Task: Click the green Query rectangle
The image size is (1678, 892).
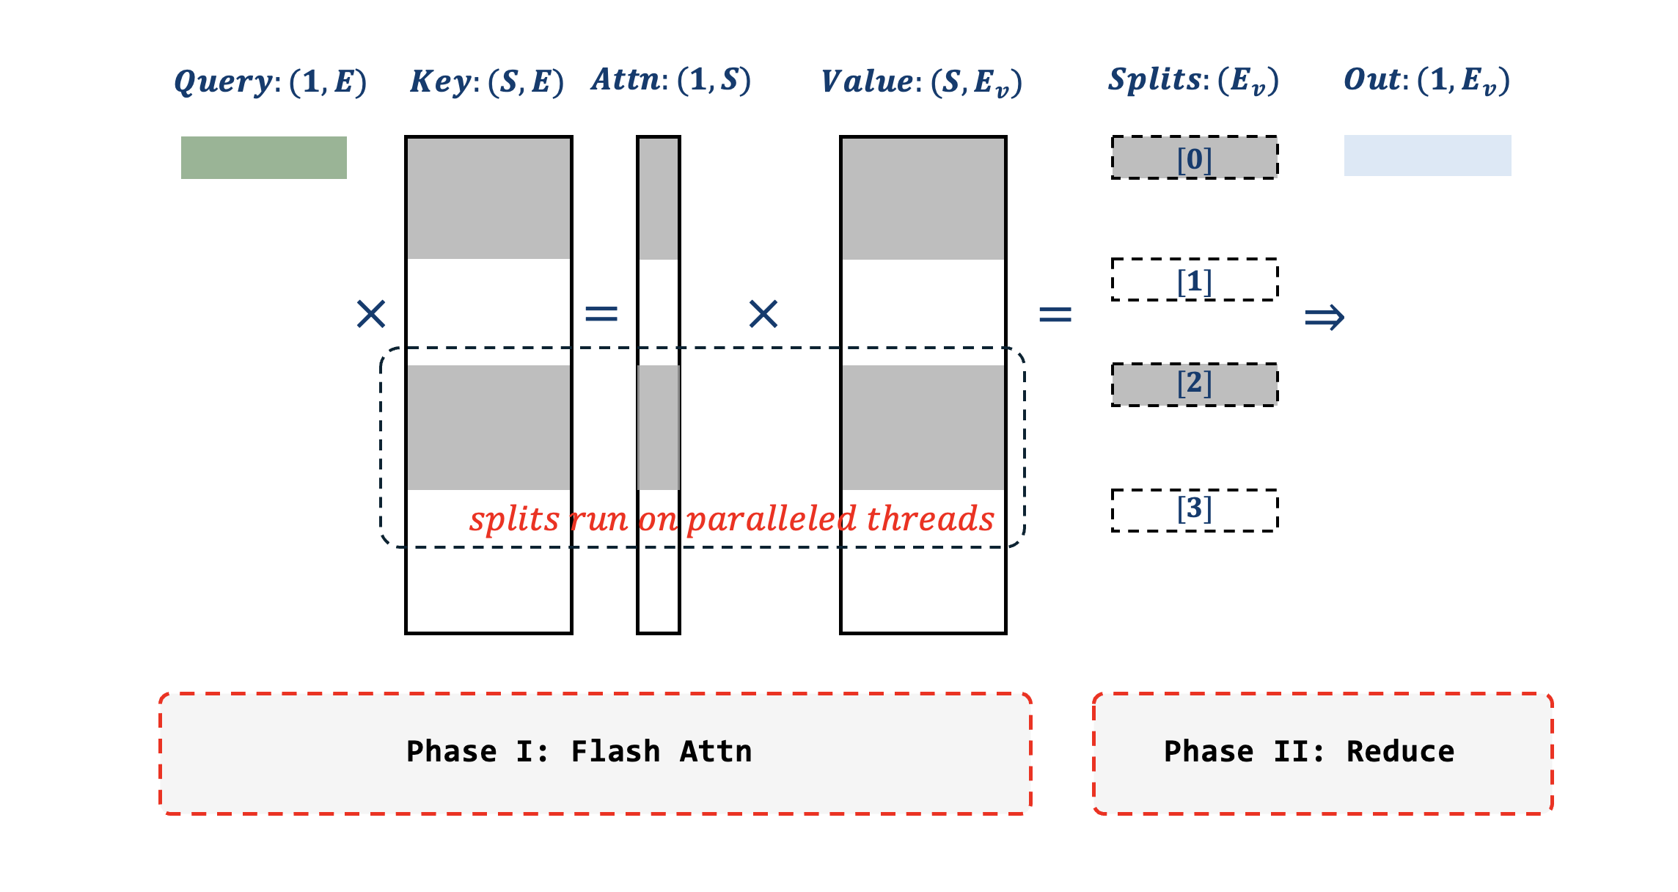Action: click(x=264, y=158)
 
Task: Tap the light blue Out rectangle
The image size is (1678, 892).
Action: click(x=1427, y=156)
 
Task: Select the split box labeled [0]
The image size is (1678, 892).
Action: click(x=1195, y=158)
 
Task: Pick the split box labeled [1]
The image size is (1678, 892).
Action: click(x=1195, y=279)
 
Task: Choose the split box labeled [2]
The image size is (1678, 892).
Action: click(x=1195, y=384)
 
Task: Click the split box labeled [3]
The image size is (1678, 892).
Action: click(x=1195, y=510)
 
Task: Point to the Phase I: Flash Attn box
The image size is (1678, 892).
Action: click(x=595, y=753)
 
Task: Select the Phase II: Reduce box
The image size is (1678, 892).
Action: click(x=1322, y=753)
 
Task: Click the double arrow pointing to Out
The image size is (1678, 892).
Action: click(x=1324, y=318)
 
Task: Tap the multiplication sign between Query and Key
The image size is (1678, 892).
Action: click(x=371, y=314)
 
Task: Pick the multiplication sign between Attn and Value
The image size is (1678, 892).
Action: click(x=763, y=314)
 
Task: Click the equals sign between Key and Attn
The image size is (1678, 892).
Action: click(x=601, y=314)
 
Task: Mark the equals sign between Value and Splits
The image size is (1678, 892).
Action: click(x=1055, y=315)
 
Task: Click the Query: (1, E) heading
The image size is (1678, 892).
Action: click(x=270, y=81)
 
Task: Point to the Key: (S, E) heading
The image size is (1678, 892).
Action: click(x=487, y=81)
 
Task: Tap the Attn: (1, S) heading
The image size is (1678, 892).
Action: click(x=671, y=80)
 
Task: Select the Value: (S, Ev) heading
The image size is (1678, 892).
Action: click(x=921, y=82)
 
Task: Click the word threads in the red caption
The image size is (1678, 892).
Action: click(x=930, y=519)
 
